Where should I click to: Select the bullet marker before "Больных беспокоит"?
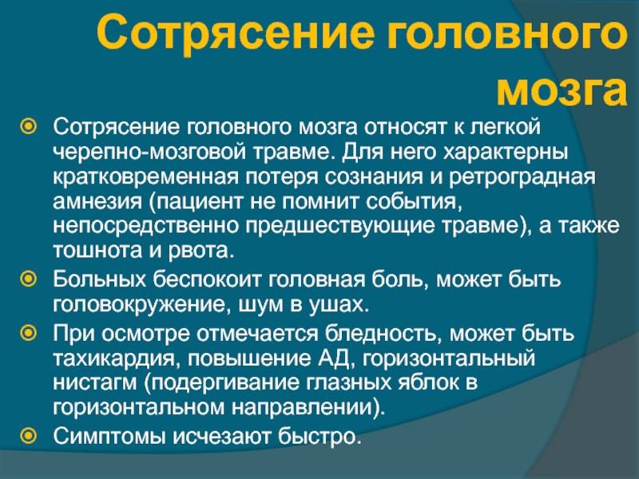pyautogui.click(x=29, y=279)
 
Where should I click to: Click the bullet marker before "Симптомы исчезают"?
pyautogui.click(x=29, y=435)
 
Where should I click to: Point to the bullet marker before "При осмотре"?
pyautogui.click(x=29, y=333)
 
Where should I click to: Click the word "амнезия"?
pyautogui.click(x=97, y=202)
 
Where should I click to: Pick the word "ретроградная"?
pyautogui.click(x=522, y=177)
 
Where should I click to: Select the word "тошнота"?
pyautogui.click(x=97, y=251)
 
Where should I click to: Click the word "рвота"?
pyautogui.click(x=201, y=251)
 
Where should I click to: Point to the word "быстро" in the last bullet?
pyautogui.click(x=320, y=436)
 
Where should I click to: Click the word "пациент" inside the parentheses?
pyautogui.click(x=196, y=202)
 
